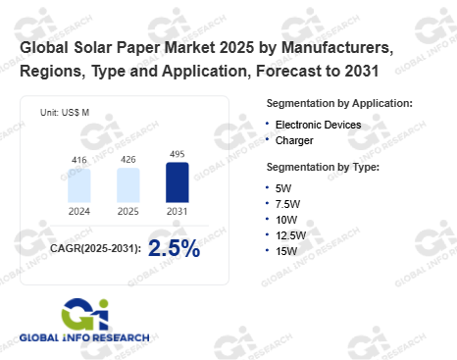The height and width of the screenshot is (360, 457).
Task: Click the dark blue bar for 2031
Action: [178, 182]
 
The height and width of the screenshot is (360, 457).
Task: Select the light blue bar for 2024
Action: [79, 185]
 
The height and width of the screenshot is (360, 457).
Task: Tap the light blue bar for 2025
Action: [128, 185]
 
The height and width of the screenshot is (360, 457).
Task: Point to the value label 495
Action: [178, 154]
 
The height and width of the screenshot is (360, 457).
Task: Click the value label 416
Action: [79, 160]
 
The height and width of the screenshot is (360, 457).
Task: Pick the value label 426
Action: [128, 160]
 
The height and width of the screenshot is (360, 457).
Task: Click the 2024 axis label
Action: [79, 212]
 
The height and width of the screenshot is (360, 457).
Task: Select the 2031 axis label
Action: [178, 212]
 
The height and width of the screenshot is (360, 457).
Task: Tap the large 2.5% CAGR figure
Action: [174, 248]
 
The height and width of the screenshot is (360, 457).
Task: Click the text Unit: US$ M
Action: [65, 113]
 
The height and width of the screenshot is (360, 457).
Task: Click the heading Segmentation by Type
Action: [323, 167]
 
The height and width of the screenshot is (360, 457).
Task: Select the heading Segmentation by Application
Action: [339, 103]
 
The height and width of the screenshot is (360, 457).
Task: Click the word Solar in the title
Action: [93, 48]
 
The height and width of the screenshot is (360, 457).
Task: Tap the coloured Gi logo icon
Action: [85, 314]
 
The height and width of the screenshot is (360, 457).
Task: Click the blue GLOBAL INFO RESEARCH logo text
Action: [84, 337]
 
